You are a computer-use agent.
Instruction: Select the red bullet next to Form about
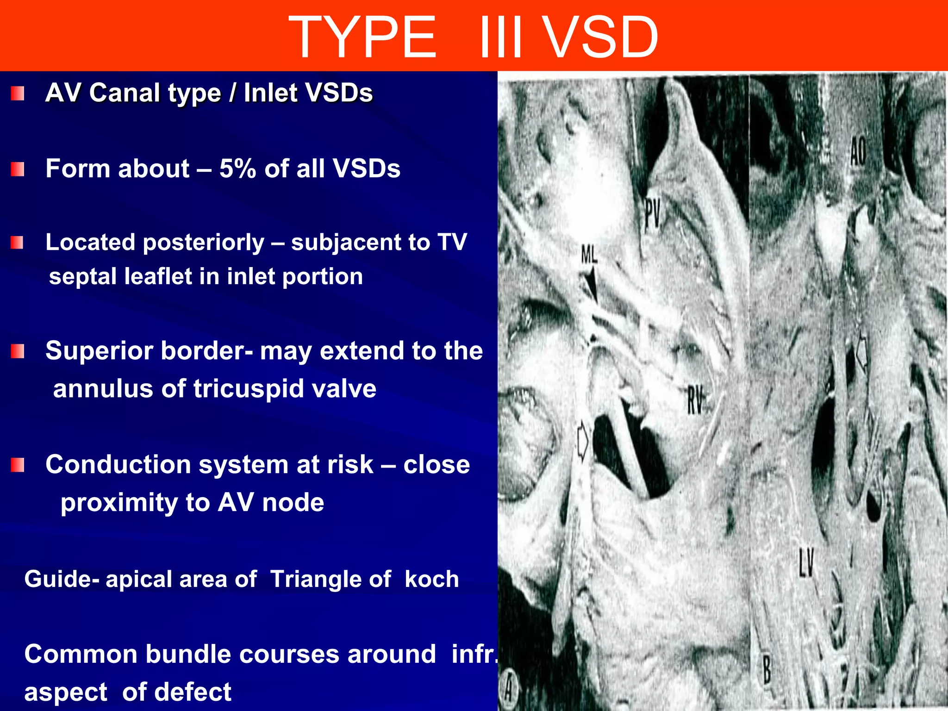18,169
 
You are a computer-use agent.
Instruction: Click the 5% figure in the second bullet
237,168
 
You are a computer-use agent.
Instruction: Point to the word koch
431,579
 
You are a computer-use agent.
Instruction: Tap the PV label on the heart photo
652,214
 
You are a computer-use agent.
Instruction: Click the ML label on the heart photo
589,255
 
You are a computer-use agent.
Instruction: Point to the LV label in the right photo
806,562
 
